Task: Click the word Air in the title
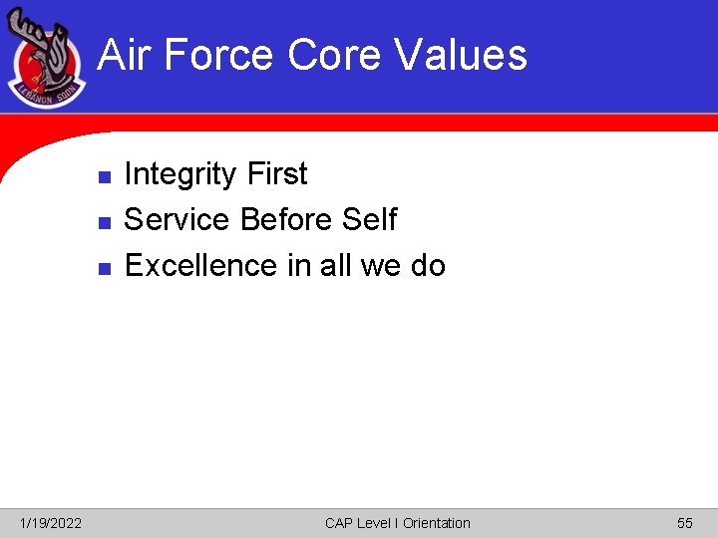[124, 55]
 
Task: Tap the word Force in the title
[217, 55]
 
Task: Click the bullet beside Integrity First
[103, 176]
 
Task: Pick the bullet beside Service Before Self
[103, 222]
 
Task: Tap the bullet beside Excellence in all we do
[103, 268]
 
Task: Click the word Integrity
[180, 174]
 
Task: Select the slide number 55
[684, 523]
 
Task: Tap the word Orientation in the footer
[436, 523]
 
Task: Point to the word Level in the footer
[375, 523]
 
